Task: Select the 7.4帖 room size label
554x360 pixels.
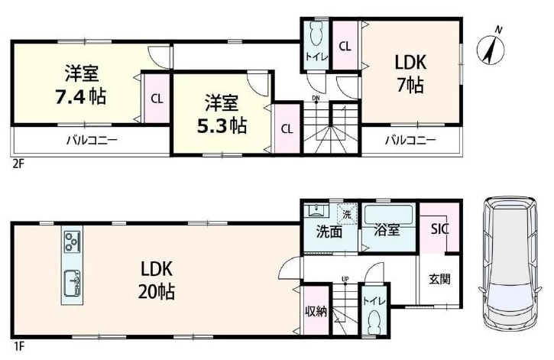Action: pyautogui.click(x=80, y=96)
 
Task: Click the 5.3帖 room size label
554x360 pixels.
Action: pyautogui.click(x=222, y=125)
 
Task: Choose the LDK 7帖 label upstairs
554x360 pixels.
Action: pyautogui.click(x=410, y=74)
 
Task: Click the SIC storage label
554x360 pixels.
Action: pyautogui.click(x=439, y=229)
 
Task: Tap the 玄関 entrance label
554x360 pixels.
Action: pyautogui.click(x=439, y=279)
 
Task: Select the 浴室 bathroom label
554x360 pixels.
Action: pyautogui.click(x=387, y=230)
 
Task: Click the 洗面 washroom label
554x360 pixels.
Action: pyautogui.click(x=329, y=232)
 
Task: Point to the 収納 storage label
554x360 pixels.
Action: pyautogui.click(x=316, y=312)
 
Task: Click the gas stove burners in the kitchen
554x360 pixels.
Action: pyautogui.click(x=72, y=242)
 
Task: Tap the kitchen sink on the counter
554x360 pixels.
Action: pyautogui.click(x=72, y=283)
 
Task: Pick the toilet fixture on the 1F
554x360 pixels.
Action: pyautogui.click(x=374, y=324)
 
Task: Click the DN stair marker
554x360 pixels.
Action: pyautogui.click(x=316, y=98)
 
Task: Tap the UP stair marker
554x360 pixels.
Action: pyautogui.click(x=345, y=280)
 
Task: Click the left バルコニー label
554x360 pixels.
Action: pyautogui.click(x=92, y=141)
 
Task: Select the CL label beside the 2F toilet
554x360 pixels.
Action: pyautogui.click(x=345, y=47)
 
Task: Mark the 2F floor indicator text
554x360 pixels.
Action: pyautogui.click(x=18, y=164)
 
